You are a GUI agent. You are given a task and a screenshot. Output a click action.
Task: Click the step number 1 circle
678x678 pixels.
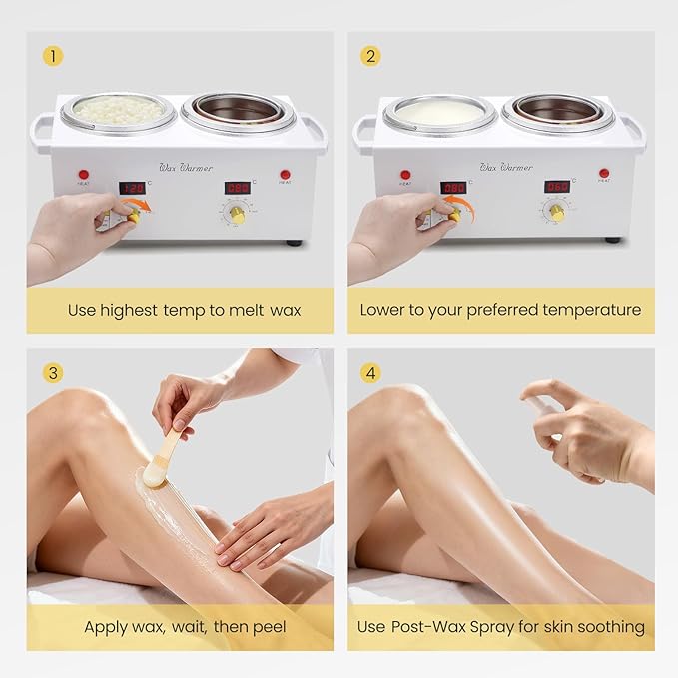(x=52, y=56)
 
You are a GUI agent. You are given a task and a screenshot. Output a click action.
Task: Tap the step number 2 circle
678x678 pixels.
(x=371, y=56)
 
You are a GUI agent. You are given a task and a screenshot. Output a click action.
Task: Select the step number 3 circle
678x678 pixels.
(x=52, y=373)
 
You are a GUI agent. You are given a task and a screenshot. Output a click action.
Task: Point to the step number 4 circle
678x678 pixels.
(x=371, y=373)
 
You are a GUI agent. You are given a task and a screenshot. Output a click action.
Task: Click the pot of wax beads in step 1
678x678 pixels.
(x=120, y=110)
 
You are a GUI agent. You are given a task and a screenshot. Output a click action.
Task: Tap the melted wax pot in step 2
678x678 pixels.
(x=440, y=113)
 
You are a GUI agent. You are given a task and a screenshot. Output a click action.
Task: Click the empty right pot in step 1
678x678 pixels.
(x=238, y=110)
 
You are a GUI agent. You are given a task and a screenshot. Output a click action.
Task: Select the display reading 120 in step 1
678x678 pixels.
(x=132, y=188)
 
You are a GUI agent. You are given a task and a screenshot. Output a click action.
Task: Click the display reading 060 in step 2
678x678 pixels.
(x=556, y=187)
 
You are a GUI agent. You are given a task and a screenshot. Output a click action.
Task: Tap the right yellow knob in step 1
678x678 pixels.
(x=237, y=214)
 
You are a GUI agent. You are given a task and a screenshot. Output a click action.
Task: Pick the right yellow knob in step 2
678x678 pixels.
(x=556, y=213)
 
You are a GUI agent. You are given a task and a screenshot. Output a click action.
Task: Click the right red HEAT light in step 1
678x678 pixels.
(x=285, y=174)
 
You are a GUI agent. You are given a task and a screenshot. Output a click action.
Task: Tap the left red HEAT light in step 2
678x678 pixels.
(x=405, y=174)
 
